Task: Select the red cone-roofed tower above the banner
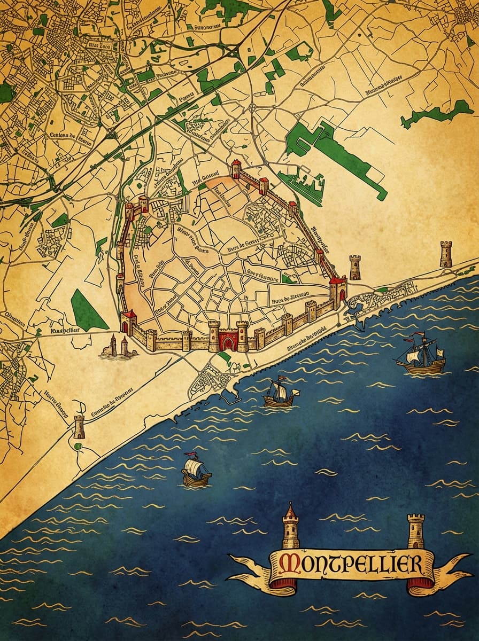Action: coord(290,526)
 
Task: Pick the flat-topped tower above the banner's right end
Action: coord(415,530)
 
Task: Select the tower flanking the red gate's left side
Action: coord(214,335)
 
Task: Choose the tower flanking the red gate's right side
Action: coord(242,335)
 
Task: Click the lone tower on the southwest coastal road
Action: coord(80,427)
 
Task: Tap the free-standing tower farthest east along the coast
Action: coord(446,254)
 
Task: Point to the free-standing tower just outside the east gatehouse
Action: coord(354,267)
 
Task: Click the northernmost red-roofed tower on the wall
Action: coord(236,168)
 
